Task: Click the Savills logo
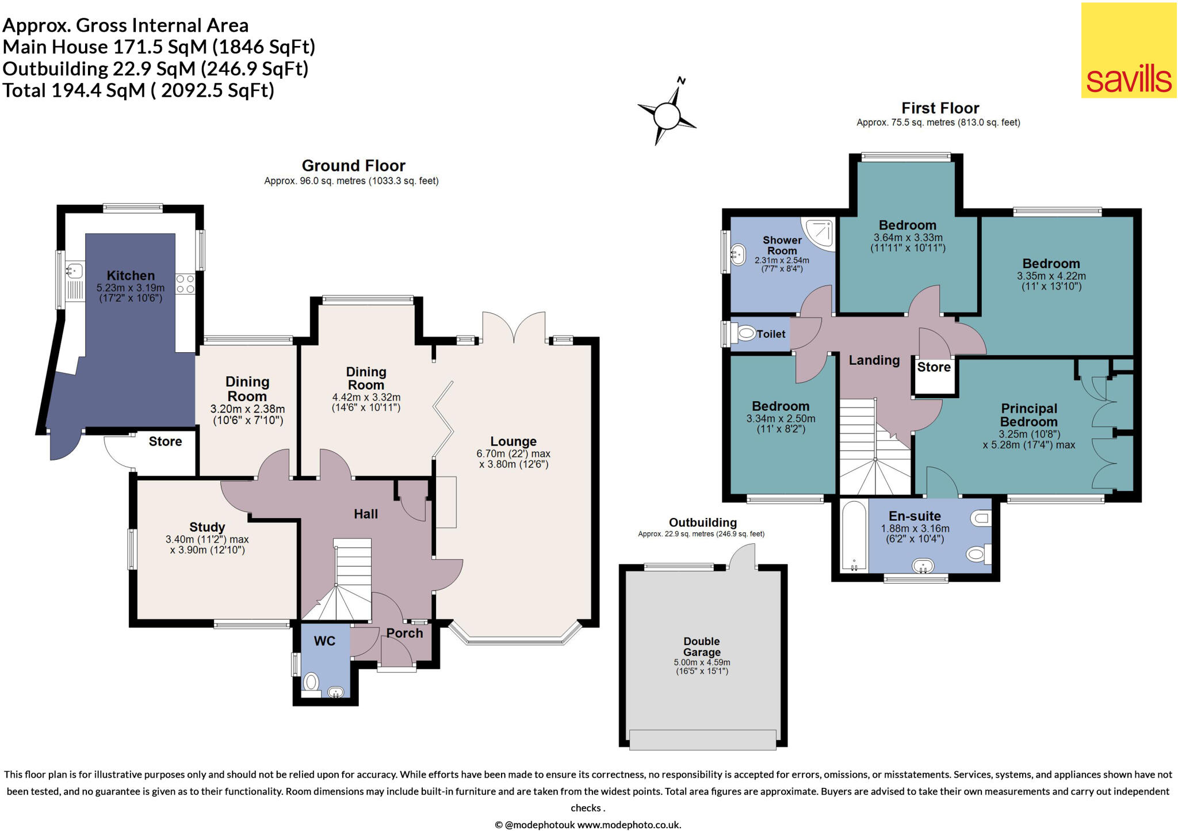pyautogui.click(x=1129, y=51)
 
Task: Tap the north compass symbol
pyautogui.click(x=667, y=115)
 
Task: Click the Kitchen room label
pyautogui.click(x=131, y=276)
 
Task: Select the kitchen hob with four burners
pyautogui.click(x=185, y=284)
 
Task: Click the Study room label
pyautogui.click(x=207, y=527)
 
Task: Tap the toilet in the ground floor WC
pyautogui.click(x=311, y=683)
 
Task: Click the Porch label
pyautogui.click(x=404, y=633)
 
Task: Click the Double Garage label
pyautogui.click(x=702, y=646)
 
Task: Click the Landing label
pyautogui.click(x=874, y=360)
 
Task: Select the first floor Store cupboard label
pyautogui.click(x=934, y=367)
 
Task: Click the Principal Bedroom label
pyautogui.click(x=1029, y=415)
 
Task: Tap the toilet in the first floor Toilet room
pyautogui.click(x=746, y=333)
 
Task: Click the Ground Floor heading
pyautogui.click(x=353, y=166)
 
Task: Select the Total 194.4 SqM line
pyautogui.click(x=139, y=90)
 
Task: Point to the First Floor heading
pyautogui.click(x=940, y=108)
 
